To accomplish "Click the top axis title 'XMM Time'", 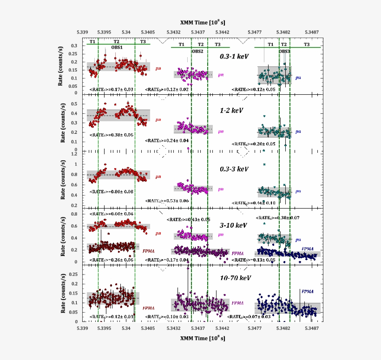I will point(203,22).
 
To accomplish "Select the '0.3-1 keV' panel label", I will point(234,56).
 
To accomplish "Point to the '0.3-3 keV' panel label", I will point(234,169).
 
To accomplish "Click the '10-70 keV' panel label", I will point(236,278).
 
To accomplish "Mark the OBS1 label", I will point(117,47).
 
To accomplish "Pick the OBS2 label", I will point(197,51).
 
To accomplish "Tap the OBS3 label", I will point(284,51).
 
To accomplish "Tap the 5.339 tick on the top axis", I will point(82,32).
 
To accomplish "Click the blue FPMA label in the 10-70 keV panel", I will point(307,291).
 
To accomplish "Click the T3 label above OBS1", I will point(143,42).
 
